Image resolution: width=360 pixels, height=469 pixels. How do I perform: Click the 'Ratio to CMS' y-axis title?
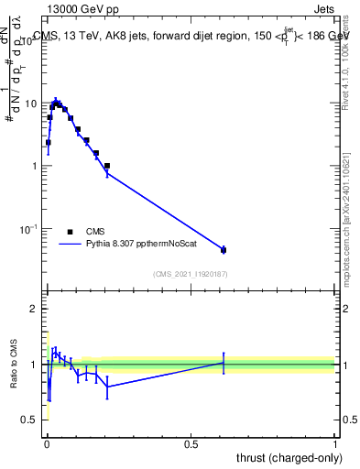pyautogui.click(x=14, y=365)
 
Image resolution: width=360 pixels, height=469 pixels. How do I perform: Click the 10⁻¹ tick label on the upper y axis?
pyautogui.click(x=27, y=228)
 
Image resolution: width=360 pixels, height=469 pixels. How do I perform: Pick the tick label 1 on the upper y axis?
pyautogui.click(x=33, y=166)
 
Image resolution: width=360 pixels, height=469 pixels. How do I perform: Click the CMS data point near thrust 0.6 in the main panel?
pyautogui.click(x=224, y=249)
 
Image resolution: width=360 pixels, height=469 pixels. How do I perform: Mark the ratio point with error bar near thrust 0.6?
pyautogui.click(x=224, y=363)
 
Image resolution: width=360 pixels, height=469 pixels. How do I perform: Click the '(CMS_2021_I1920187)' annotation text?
pyautogui.click(x=190, y=273)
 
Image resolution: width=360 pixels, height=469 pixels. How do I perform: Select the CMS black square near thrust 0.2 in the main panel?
pyautogui.click(x=106, y=166)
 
